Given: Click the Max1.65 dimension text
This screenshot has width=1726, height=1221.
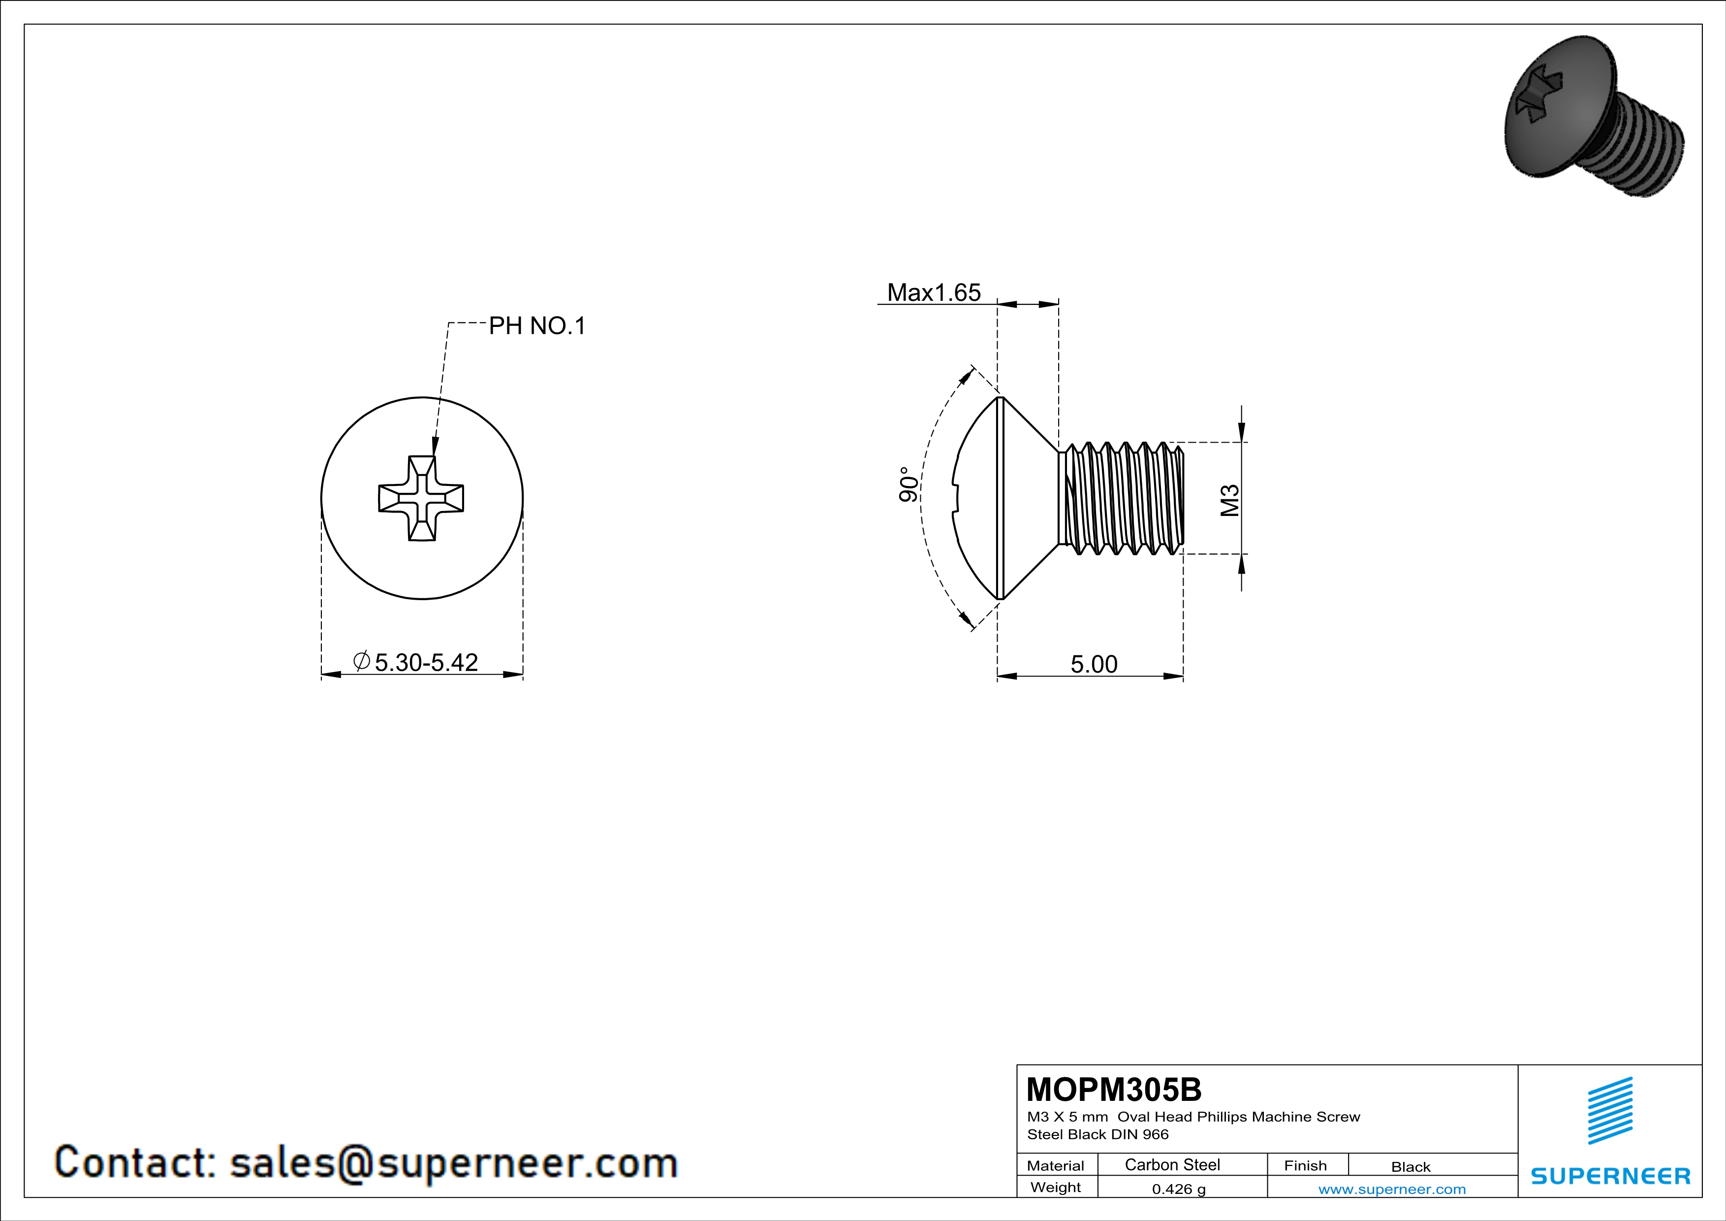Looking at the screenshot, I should point(934,292).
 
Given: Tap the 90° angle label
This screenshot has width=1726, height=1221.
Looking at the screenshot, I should point(908,485).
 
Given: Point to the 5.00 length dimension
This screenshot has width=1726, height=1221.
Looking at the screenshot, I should point(1093,664).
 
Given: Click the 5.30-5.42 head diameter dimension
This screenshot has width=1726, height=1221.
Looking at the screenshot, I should point(426,662).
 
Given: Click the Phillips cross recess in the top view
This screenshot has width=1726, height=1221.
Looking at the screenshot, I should point(421,498).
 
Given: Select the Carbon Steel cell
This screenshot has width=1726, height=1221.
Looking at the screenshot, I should point(1172,1164).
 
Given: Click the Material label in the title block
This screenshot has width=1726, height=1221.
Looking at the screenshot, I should point(1056,1165).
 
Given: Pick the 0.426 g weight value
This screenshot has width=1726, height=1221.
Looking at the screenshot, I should point(1179,1189).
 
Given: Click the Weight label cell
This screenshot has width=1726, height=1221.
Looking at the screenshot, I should point(1056,1187).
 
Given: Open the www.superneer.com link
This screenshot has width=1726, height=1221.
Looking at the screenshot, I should point(1391,1189).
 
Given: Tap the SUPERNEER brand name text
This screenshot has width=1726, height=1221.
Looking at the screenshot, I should point(1610,1176).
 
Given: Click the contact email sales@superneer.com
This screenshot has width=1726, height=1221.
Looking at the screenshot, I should point(453,1162).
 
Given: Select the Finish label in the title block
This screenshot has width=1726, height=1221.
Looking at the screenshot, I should point(1305,1165).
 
